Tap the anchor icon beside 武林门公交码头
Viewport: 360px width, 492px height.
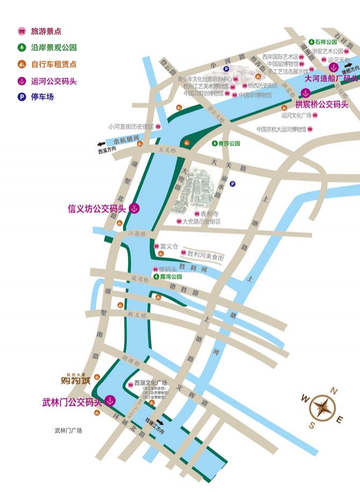pos(110,401)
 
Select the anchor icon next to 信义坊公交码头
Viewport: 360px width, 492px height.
pos(134,209)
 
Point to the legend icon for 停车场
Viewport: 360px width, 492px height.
pos(22,97)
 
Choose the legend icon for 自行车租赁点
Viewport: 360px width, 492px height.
pos(22,65)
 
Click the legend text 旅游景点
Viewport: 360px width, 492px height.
pos(46,32)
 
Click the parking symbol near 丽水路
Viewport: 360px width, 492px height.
pos(232,184)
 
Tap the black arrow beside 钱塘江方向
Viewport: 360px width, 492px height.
pos(160,423)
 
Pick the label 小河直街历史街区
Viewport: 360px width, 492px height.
pos(131,127)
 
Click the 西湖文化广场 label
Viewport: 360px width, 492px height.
pos(151,383)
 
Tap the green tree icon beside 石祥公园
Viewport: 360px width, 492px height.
pos(311,42)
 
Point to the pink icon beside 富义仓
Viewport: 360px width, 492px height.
pos(156,246)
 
